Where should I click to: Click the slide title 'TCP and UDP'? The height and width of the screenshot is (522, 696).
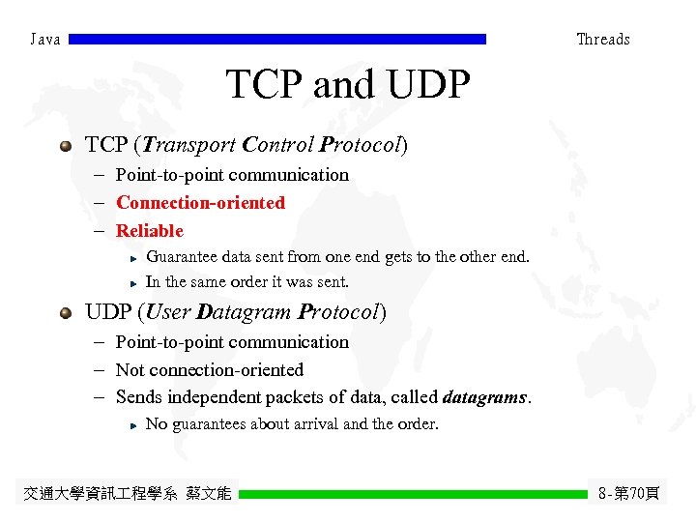pos(348,86)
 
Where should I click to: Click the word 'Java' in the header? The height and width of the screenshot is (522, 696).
pos(45,40)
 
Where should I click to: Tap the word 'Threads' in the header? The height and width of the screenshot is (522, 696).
pos(602,40)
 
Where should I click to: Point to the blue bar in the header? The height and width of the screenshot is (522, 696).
pos(278,40)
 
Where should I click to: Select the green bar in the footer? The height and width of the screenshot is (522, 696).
pos(413,494)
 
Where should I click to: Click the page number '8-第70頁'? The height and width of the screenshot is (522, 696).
pos(628,494)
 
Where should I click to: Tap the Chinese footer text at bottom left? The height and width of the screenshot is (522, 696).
pos(128,494)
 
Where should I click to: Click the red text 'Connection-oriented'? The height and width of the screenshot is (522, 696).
pos(200,203)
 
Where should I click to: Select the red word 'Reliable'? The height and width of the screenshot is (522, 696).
pos(149,231)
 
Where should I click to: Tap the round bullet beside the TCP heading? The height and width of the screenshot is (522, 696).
pos(65,146)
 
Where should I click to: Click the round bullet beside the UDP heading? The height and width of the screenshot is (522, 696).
pos(65,313)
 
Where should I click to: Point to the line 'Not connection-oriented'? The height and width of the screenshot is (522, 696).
pos(209,370)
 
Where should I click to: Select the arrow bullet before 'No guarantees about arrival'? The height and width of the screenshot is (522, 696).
pos(134,425)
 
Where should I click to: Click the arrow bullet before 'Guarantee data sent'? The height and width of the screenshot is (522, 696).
pos(134,258)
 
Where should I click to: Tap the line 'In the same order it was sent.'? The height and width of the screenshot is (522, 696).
pos(246,282)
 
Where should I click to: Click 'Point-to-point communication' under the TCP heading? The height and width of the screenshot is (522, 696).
pos(232,175)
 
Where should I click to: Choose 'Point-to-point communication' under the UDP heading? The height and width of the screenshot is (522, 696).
pos(232,342)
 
